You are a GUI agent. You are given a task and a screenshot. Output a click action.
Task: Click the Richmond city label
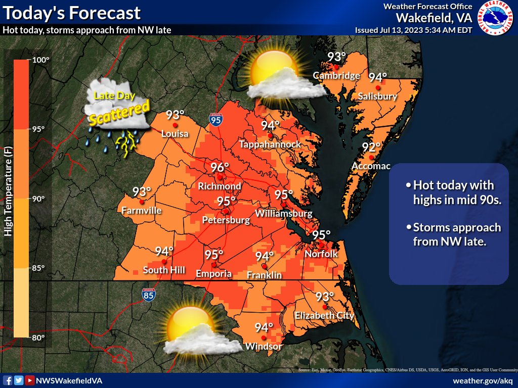coord(220,186)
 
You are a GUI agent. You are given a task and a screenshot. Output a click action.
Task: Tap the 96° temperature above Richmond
coord(220,167)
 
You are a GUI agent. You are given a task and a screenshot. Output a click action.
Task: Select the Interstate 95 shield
coord(215,120)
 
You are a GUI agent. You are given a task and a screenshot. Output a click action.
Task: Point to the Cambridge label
coord(336,76)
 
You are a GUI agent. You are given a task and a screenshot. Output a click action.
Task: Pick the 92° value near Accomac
coord(371,148)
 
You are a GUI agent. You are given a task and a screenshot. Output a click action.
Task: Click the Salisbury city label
coord(377,96)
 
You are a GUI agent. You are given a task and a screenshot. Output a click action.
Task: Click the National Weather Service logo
coord(496,18)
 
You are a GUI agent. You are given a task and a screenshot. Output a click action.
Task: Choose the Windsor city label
coord(263,347)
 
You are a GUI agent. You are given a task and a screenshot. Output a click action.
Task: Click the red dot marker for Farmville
coord(142,202)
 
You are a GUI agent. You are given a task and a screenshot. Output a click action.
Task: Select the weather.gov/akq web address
coord(483,380)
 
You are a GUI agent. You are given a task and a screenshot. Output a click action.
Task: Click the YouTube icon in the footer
coord(30,380)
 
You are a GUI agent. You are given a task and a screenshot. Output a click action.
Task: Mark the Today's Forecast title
coord(72,12)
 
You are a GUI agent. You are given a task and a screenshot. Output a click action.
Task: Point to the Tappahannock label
coord(270,144)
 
